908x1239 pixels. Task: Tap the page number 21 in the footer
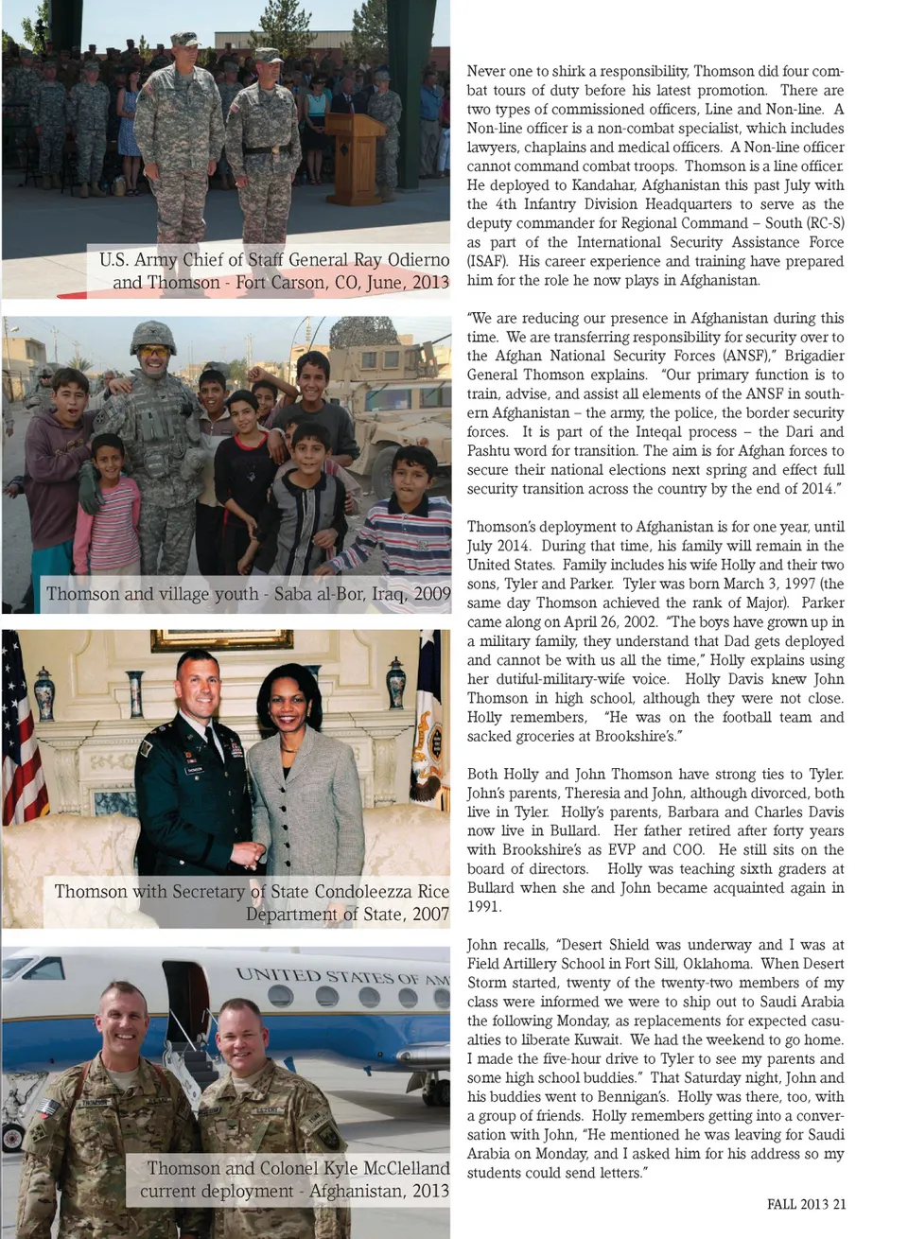click(x=839, y=1204)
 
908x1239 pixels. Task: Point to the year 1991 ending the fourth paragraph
click(x=484, y=907)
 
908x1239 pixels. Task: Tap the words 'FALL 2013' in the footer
click(x=796, y=1204)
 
